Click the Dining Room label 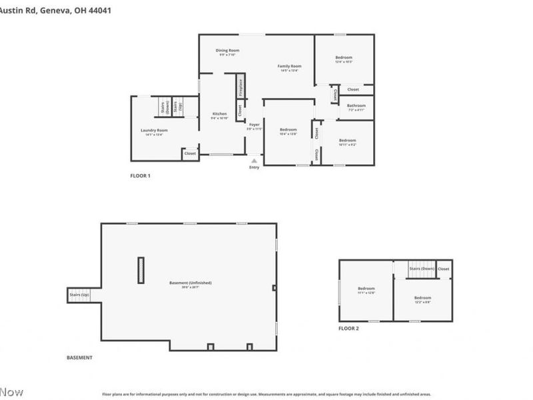point(227,51)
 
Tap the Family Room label point(290,66)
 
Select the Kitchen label point(219,114)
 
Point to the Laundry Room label point(154,130)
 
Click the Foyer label point(255,125)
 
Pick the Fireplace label point(241,87)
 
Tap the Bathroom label point(356,105)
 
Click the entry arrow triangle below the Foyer point(254,160)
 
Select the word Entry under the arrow point(254,167)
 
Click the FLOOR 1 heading point(140,176)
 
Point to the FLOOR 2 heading point(348,328)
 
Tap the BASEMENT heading point(79,358)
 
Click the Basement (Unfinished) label point(190,283)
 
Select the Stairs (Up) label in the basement point(79,294)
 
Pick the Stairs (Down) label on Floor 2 point(422,269)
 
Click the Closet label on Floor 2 point(444,269)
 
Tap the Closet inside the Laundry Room point(190,153)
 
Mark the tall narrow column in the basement point(141,270)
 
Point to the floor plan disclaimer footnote point(266,394)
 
